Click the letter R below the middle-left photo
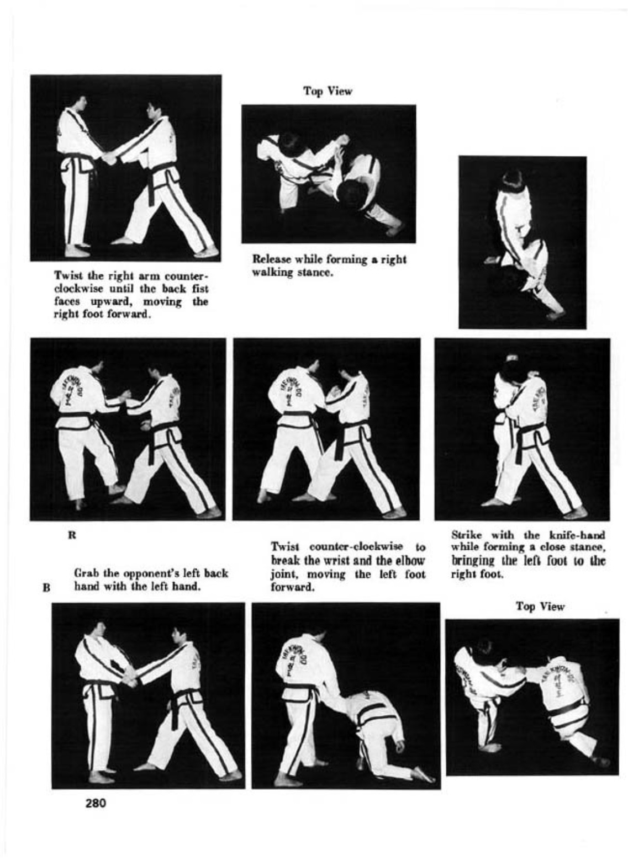pyautogui.click(x=71, y=535)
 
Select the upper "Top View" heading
pyautogui.click(x=328, y=92)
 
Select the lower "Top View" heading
pyautogui.click(x=540, y=607)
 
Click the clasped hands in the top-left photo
pyautogui.click(x=109, y=157)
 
